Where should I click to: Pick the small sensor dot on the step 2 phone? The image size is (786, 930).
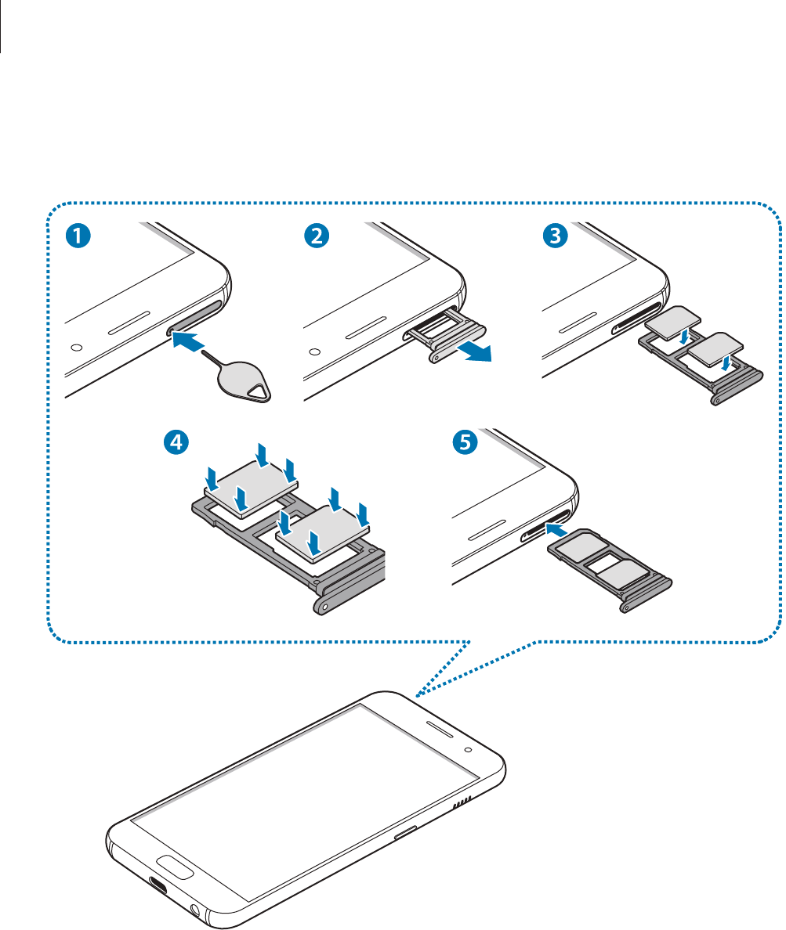pyautogui.click(x=315, y=349)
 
